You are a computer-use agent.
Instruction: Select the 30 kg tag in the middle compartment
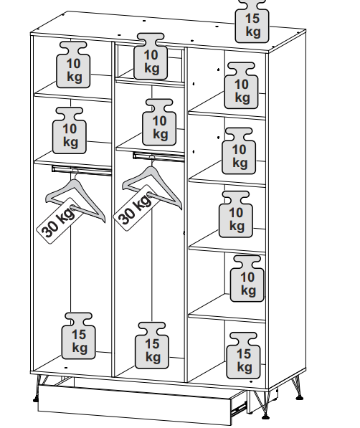pyautogui.click(x=136, y=208)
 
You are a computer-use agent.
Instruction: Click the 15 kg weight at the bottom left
pyautogui.click(x=79, y=336)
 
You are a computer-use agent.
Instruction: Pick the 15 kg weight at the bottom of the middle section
pyautogui.click(x=152, y=346)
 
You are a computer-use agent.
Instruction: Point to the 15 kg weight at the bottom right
pyautogui.click(x=243, y=356)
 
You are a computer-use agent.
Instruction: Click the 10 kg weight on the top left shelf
pyautogui.click(x=73, y=65)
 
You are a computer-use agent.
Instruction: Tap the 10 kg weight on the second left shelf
pyautogui.click(x=70, y=130)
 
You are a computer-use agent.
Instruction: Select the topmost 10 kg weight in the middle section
pyautogui.click(x=151, y=57)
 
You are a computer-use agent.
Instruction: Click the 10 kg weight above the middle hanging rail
pyautogui.click(x=159, y=123)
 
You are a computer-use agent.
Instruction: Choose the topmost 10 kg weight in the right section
pyautogui.click(x=241, y=85)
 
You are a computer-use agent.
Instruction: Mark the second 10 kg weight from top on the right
pyautogui.click(x=239, y=151)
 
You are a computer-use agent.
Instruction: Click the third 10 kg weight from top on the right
pyautogui.click(x=236, y=214)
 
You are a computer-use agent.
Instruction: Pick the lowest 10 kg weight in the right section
pyautogui.click(x=247, y=279)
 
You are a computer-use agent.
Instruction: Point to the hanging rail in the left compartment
pyautogui.click(x=82, y=169)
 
